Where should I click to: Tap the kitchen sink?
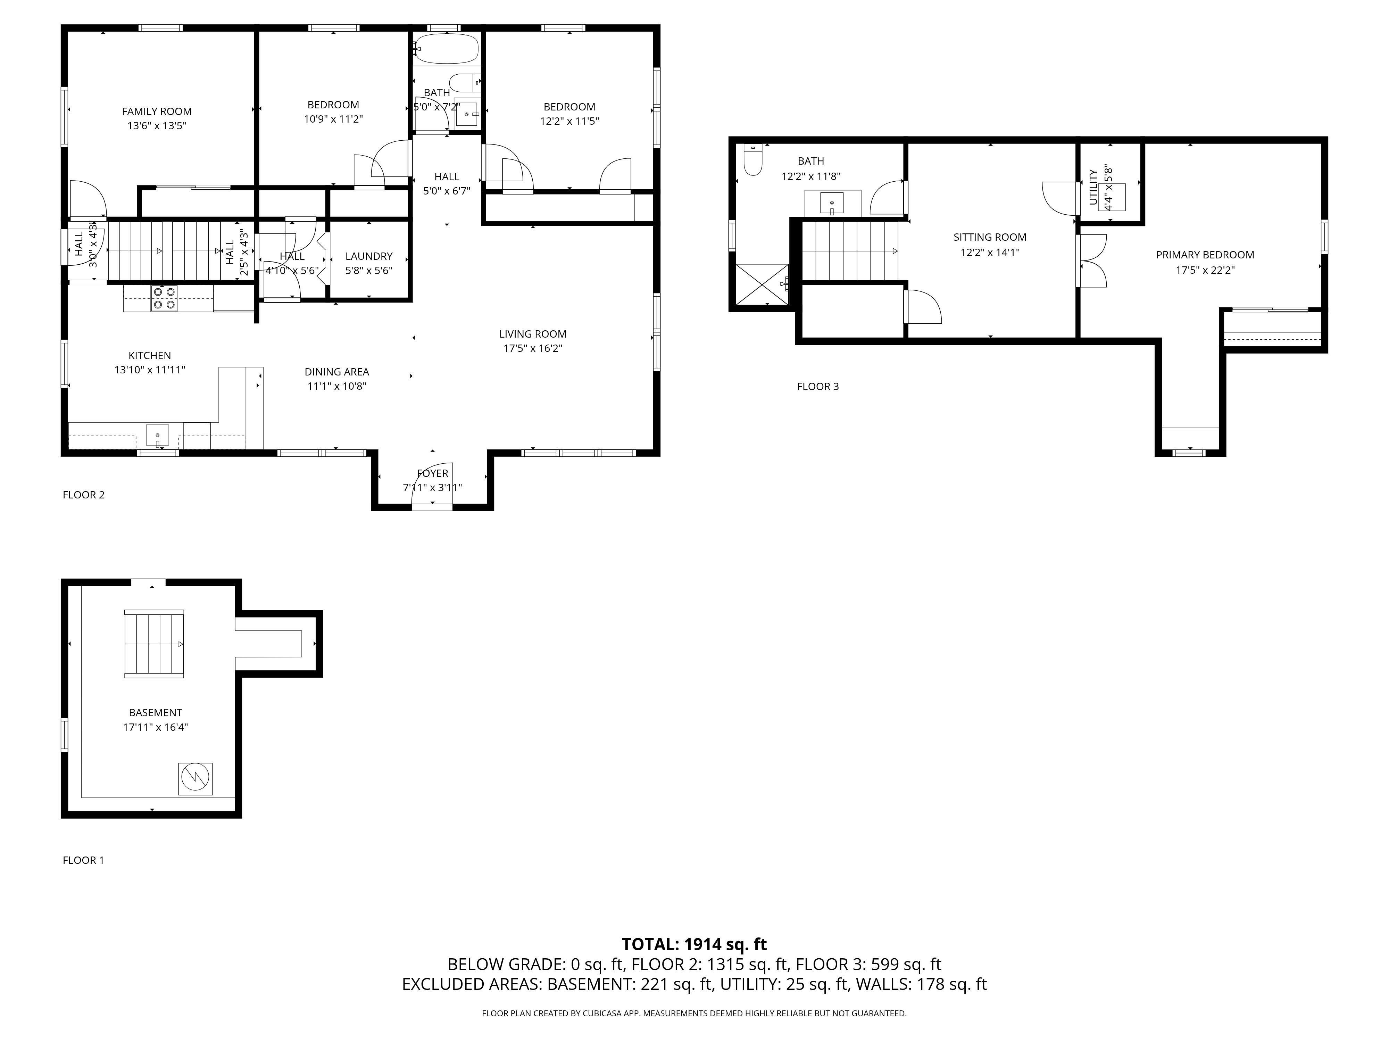158,435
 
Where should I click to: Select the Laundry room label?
369,256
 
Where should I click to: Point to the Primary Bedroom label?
1205,255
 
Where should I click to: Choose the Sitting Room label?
990,238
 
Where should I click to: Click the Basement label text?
156,713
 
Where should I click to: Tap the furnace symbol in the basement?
195,779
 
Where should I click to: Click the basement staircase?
154,644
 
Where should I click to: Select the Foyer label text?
433,473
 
